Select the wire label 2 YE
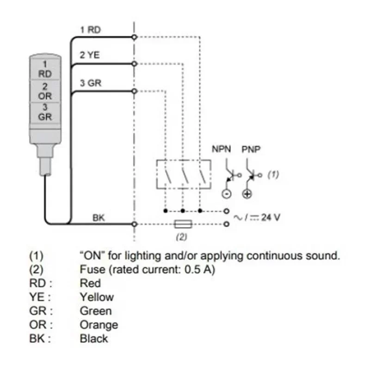90,56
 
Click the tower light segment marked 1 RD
45,70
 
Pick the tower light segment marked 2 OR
45,91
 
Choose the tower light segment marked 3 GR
45,112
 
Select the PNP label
251,150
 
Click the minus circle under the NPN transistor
227,194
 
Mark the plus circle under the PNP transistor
247,194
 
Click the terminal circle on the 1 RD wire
134,36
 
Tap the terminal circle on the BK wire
134,224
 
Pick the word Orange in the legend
99,324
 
